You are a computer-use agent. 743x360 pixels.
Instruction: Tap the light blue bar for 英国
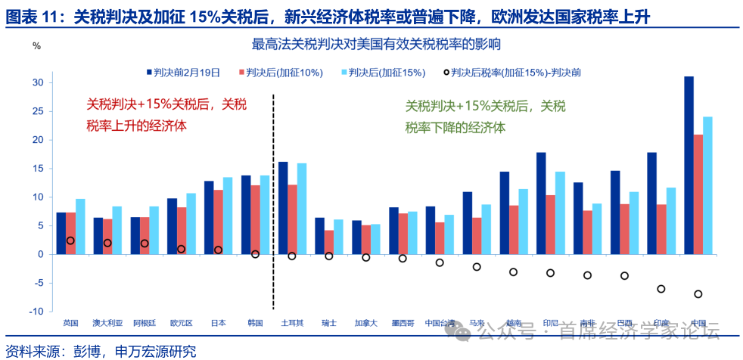pos(80,226)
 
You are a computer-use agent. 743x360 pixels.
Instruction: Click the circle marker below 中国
pos(698,294)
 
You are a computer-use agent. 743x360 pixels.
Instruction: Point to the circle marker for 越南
pos(513,272)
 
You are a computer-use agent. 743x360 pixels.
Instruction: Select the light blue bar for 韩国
pos(265,215)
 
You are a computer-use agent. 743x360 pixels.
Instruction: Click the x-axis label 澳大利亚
pos(107,323)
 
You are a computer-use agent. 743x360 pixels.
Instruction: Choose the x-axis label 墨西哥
pos(403,323)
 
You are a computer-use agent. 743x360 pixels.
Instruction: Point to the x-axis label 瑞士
pos(328,323)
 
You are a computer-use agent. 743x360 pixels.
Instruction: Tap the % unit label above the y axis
pos(37,45)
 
